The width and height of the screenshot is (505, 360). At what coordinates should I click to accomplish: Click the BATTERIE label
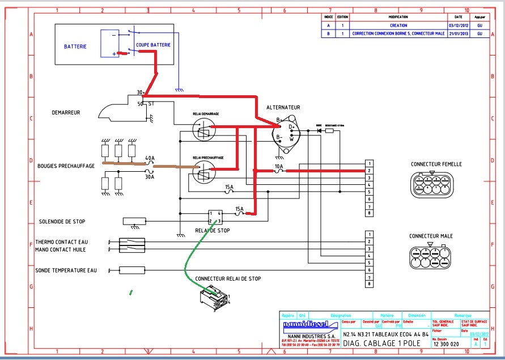75,46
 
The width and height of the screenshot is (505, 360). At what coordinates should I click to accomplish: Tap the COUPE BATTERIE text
153,44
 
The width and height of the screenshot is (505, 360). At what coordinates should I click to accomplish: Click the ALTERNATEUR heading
283,107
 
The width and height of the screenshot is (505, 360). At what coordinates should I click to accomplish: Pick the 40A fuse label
150,158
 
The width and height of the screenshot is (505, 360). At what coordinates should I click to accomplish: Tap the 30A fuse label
150,176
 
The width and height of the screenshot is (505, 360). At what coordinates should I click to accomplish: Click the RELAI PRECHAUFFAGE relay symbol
203,172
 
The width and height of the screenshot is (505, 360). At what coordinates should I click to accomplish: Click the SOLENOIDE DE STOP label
62,222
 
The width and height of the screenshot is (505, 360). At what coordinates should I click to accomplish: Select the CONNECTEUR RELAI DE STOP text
228,279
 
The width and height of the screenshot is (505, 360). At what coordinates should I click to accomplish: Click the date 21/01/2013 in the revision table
455,34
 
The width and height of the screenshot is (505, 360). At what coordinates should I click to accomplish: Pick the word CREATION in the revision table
398,26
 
